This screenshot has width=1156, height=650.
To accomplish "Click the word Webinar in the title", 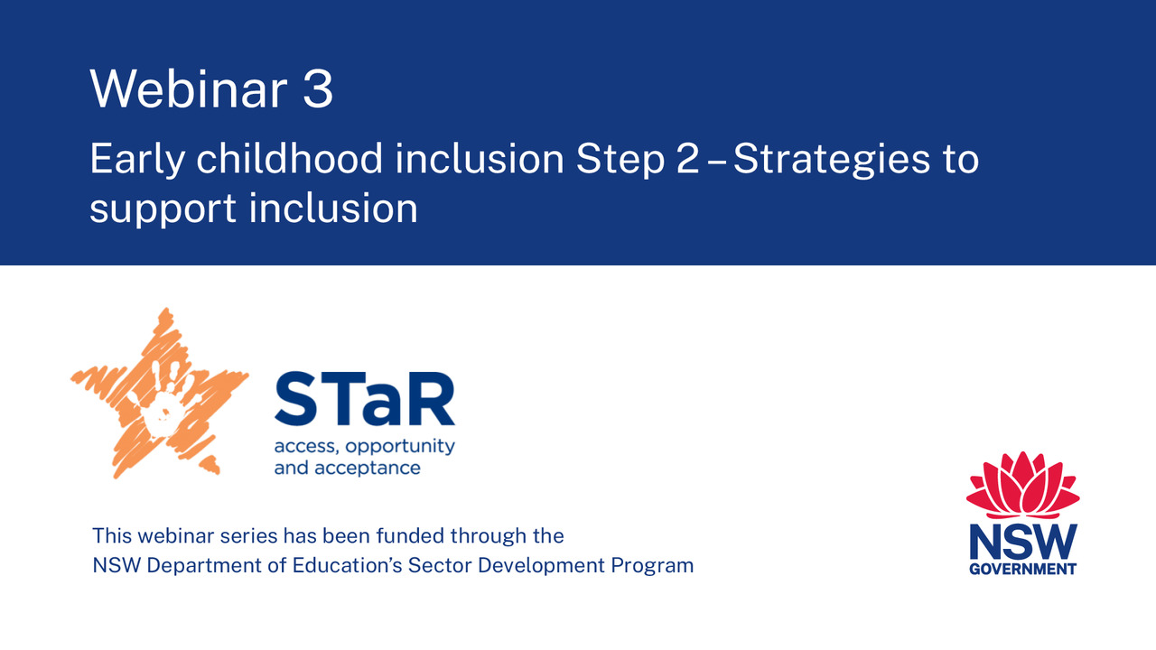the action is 189,88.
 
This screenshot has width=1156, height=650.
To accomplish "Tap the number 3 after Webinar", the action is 318,88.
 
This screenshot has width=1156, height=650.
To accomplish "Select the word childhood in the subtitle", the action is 290,158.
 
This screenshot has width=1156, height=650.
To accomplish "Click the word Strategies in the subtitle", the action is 824,161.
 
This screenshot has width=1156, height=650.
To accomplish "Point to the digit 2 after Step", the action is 688,159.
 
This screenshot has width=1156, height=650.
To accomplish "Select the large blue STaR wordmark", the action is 365,398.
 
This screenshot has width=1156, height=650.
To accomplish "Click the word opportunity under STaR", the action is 400,447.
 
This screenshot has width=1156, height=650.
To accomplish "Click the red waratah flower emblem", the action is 1023,485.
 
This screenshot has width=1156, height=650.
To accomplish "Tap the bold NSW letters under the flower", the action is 1023,542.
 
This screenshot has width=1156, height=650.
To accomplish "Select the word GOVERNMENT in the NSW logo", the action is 1023,569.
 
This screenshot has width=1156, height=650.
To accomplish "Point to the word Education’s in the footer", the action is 348,565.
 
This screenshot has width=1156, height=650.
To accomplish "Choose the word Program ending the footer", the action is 652,567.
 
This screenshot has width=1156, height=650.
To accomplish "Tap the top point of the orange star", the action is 165,309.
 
